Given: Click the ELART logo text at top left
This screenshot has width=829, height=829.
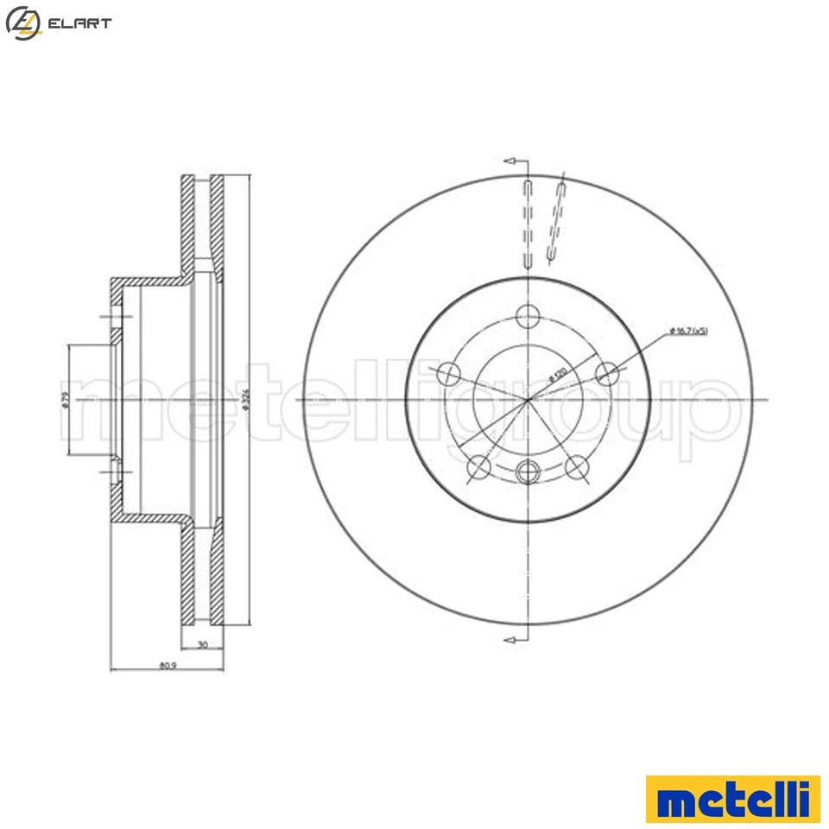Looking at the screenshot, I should pos(80,23).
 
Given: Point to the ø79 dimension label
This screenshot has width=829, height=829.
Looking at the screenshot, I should pos(65,400).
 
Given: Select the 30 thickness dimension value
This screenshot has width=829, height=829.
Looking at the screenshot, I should pos(202,645).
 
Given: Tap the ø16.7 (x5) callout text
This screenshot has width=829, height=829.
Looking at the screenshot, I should pos(687,332).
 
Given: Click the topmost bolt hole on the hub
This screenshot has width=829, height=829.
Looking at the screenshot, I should pos(528,317).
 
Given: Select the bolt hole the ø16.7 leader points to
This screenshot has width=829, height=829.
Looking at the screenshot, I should pos(608,374).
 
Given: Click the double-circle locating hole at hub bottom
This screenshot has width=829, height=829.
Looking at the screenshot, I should pos(528,471).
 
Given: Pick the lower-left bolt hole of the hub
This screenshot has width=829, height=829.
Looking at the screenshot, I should pos(478,468).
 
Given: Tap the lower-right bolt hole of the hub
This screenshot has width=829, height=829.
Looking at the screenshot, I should pos(577,468).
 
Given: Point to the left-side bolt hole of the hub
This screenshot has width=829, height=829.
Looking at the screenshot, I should pos(448,374).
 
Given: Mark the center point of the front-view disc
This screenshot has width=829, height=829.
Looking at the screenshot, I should pos(528,400).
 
